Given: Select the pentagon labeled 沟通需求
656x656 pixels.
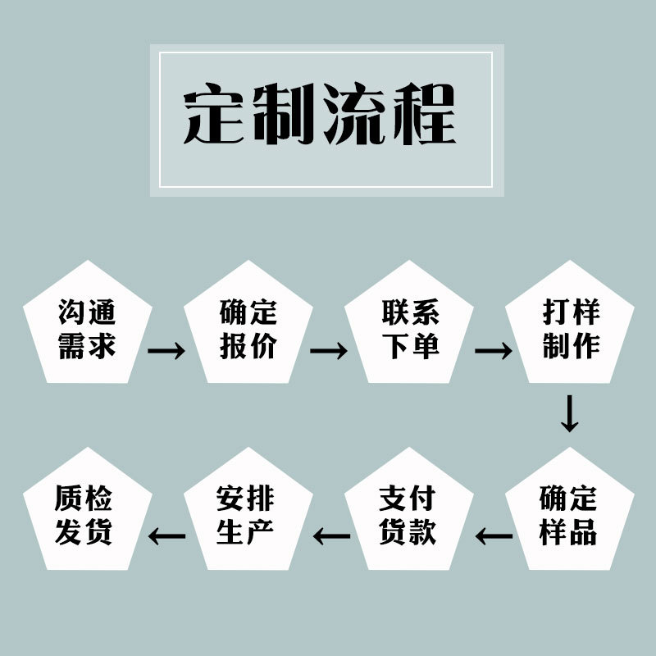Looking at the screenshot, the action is pos(87,328).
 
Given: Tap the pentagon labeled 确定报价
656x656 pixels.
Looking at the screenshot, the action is pos(248,328).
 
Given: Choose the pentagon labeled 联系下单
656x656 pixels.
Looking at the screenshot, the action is pos(410,328).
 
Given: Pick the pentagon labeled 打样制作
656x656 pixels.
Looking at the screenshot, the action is pos(571,328).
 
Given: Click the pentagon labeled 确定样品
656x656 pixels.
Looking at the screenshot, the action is pos(569,515).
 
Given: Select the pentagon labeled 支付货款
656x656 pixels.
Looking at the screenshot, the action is pos(408,515).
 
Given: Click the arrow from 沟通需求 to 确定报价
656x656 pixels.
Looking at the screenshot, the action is pos(167,350).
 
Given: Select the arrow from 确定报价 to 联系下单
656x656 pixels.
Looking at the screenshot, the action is pos(329,350).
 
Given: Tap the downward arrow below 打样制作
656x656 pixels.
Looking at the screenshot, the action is pos(569,413).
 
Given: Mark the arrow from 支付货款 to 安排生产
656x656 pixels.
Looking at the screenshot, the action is pos(331,537).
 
